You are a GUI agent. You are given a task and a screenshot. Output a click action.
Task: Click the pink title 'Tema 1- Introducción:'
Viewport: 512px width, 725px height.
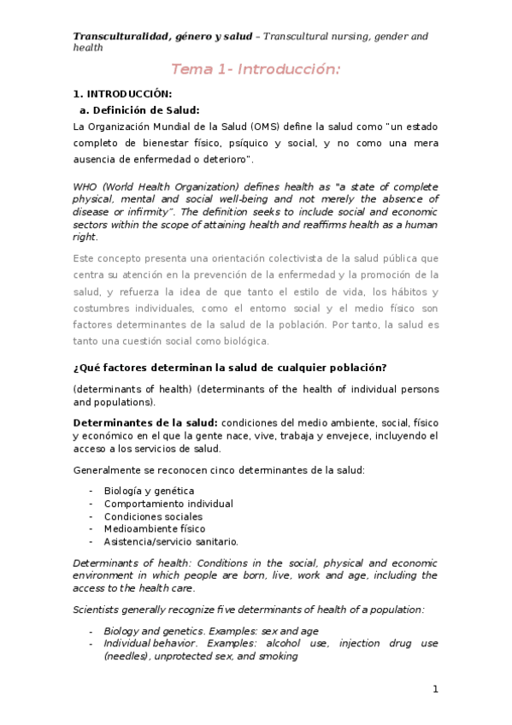[x=256, y=69]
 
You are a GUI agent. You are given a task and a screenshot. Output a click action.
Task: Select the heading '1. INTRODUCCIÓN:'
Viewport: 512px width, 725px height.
[x=122, y=94]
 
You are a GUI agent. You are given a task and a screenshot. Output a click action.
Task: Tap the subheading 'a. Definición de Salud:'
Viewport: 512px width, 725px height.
[x=139, y=109]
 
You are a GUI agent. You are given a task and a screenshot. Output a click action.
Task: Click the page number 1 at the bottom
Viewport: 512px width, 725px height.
[x=434, y=689]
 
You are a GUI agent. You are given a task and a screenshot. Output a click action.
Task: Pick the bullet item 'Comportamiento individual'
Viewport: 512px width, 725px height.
[x=168, y=504]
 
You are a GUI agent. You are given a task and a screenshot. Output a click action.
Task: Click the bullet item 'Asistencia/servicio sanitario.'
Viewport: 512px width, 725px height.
[x=171, y=541]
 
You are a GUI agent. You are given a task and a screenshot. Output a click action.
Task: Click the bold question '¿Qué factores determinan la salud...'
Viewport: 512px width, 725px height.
[x=230, y=368]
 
